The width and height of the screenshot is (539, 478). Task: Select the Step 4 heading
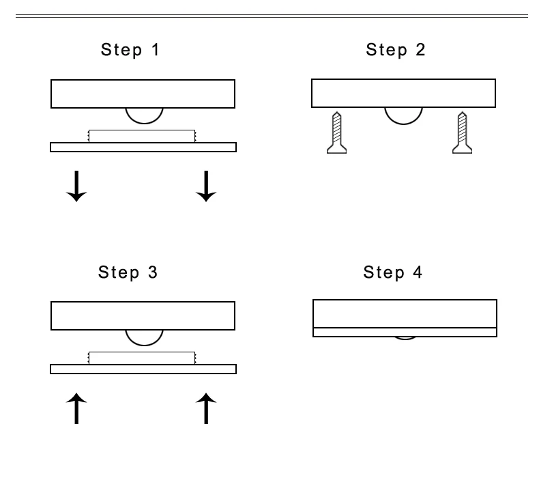click(393, 273)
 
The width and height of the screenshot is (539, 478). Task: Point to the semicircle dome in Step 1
click(144, 114)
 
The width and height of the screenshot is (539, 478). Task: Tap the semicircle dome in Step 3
click(144, 337)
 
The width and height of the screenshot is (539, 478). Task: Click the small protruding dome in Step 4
click(405, 337)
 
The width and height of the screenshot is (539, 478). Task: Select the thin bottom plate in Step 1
click(143, 147)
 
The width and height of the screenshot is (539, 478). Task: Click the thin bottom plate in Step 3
click(143, 369)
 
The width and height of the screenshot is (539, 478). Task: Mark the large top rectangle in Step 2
click(404, 93)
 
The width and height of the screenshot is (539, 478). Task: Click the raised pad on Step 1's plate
click(142, 136)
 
